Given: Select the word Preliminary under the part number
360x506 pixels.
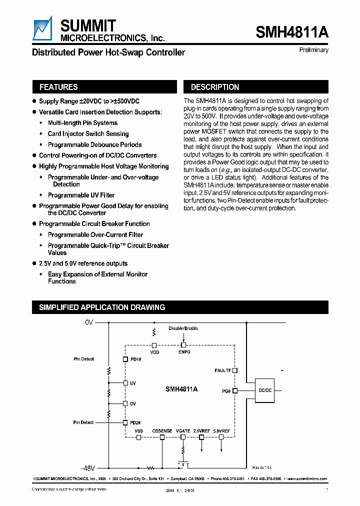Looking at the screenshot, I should tap(314, 50).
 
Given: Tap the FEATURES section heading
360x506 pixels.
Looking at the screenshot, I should tap(58, 87).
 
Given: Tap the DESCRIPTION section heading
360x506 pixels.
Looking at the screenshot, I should tap(215, 87).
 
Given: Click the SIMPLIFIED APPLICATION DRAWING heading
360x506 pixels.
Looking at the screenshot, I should tap(102, 307).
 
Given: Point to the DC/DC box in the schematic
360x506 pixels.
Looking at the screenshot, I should tap(265, 390).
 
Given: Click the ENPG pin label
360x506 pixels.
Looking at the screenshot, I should tap(184, 352).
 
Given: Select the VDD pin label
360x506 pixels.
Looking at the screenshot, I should tap(154, 352).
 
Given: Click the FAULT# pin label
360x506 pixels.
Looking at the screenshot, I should tap(222, 370).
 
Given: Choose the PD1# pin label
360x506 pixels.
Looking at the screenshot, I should tap(135, 359).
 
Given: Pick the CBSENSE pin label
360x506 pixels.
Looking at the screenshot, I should tap(162, 430).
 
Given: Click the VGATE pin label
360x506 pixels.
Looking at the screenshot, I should tap(183, 430).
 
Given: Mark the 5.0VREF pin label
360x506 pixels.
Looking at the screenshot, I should tap(221, 430).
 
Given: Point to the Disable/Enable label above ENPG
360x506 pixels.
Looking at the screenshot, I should tap(183, 328).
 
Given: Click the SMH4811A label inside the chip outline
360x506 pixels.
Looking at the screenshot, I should tap(181, 388).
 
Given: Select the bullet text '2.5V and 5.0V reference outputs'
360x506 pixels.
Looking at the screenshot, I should tap(83, 263).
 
